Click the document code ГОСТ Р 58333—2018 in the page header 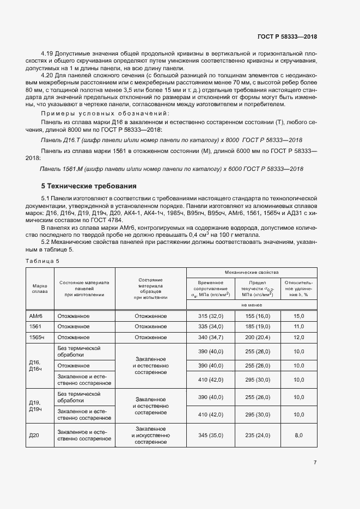point(287,36)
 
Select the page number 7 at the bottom point(315,463)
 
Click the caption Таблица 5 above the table point(42,261)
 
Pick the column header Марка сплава point(39,288)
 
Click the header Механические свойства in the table point(252,272)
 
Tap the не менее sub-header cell point(252,305)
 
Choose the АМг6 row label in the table point(35,316)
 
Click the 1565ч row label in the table point(35,338)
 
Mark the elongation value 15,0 point(298,316)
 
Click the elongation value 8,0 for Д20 point(298,436)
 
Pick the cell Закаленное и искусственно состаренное point(151,436)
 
